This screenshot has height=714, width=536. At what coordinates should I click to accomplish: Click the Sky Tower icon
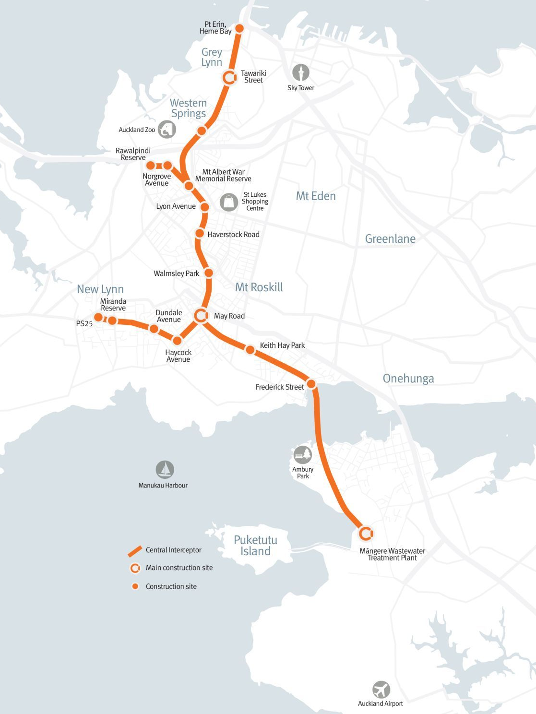pos(301,73)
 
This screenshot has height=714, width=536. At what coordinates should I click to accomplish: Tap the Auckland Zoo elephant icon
pos(167,130)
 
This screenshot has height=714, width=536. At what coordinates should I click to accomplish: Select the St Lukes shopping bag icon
pos(229,202)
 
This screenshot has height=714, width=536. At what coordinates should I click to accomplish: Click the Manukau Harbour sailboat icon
pos(165,470)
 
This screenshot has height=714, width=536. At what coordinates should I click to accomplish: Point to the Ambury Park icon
pos(302,454)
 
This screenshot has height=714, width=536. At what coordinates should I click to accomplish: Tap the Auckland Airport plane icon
pos(381,690)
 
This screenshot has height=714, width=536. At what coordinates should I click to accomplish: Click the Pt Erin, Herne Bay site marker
pos(239,29)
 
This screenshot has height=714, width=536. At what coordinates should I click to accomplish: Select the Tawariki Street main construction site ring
pos(230,77)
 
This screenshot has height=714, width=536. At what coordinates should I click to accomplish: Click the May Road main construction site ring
pos(201,316)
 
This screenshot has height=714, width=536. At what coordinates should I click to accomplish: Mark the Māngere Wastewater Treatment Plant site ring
pos(366,533)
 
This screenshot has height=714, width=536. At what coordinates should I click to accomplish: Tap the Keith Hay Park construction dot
pos(250,350)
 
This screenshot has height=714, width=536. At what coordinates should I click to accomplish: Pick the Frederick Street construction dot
pos(311,384)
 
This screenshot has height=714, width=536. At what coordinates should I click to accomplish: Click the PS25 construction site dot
pos(98,317)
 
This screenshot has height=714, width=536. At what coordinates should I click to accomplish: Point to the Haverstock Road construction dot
pos(200,234)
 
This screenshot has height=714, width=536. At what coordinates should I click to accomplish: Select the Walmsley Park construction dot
pos(209,273)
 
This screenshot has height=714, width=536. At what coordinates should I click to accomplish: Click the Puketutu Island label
pos(255,546)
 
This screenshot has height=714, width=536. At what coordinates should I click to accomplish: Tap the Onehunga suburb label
pos(408,379)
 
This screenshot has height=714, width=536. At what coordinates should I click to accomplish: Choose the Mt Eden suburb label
pos(316,196)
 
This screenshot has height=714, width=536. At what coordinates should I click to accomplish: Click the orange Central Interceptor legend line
pos(135,551)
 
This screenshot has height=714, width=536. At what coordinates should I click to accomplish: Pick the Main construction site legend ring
pos(135,568)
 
